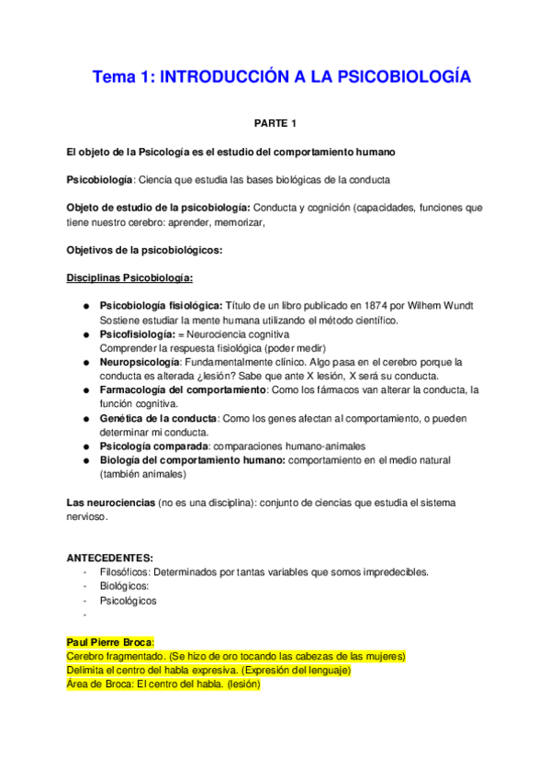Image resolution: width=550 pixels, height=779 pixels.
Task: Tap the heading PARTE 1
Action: click(x=276, y=122)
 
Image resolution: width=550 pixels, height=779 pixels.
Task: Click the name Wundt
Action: click(x=458, y=305)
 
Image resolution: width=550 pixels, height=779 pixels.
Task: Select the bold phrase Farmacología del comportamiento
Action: click(x=182, y=390)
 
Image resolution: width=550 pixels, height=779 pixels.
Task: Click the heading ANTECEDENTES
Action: click(x=110, y=558)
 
